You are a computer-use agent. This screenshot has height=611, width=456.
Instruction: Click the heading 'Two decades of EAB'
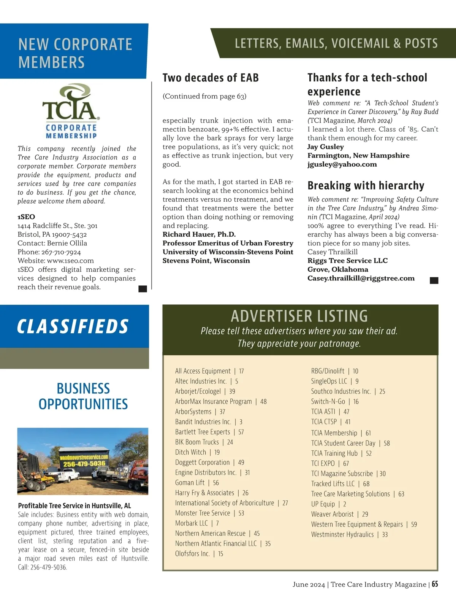click(211, 78)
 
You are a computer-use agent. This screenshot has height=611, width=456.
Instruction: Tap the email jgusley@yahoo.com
click(342, 164)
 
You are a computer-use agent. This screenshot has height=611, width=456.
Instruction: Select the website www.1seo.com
click(70, 261)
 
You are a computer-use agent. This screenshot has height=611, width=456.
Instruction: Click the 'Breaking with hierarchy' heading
click(366, 186)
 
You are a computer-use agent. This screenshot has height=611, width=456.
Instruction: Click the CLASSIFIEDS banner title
click(73, 326)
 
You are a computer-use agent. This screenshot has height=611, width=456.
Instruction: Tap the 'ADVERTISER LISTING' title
click(299, 316)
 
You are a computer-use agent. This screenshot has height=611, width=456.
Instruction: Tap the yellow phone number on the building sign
click(84, 464)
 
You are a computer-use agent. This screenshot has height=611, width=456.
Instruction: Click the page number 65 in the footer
click(435, 584)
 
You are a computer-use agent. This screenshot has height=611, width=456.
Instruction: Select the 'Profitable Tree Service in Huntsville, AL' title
click(74, 506)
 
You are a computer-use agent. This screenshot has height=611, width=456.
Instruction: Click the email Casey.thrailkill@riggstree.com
click(361, 278)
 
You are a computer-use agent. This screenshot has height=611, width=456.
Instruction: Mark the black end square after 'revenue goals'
click(143, 289)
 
